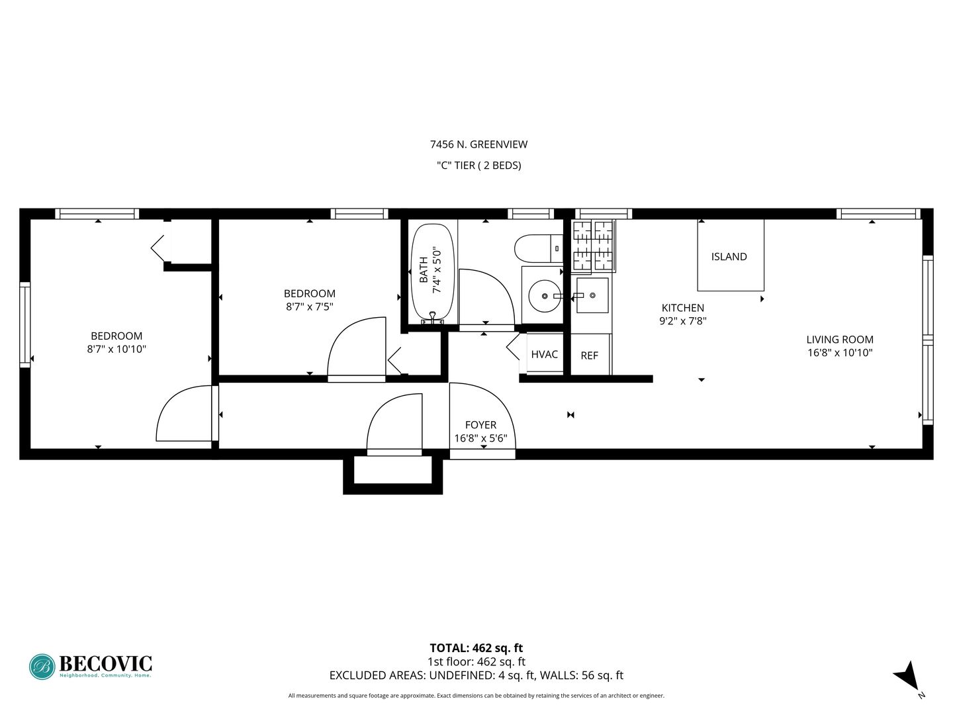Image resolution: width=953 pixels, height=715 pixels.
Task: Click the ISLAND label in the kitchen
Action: pyautogui.click(x=729, y=257)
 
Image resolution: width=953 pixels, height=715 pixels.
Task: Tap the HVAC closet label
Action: pyautogui.click(x=544, y=354)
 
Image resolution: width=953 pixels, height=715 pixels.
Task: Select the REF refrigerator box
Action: pyautogui.click(x=590, y=354)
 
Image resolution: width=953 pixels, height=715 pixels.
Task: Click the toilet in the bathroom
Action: pyautogui.click(x=538, y=248)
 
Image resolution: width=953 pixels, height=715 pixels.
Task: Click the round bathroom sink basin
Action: pyautogui.click(x=545, y=296)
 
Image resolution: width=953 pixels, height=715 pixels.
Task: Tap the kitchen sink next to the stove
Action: pyautogui.click(x=592, y=295)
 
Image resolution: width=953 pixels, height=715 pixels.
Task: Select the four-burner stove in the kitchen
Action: pyautogui.click(x=592, y=246)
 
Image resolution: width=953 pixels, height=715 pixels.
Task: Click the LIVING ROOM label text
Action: pyautogui.click(x=840, y=340)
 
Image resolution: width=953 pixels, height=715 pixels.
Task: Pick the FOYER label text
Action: pyautogui.click(x=480, y=424)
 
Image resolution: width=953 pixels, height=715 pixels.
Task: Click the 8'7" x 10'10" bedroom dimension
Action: pyautogui.click(x=116, y=349)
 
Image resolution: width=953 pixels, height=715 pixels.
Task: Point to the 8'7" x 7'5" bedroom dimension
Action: pyautogui.click(x=309, y=307)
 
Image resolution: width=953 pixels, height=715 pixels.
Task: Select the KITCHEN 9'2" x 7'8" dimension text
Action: pyautogui.click(x=683, y=321)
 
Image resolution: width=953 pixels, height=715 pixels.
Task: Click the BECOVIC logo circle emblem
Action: pyautogui.click(x=42, y=667)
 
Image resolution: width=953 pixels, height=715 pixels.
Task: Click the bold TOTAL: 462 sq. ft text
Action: pyautogui.click(x=476, y=648)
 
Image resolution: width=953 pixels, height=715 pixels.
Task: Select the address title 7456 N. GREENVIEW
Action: pyautogui.click(x=478, y=144)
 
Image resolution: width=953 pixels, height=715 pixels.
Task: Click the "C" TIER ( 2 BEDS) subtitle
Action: pyautogui.click(x=478, y=166)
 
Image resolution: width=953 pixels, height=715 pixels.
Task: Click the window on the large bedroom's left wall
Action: pyautogui.click(x=24, y=324)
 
